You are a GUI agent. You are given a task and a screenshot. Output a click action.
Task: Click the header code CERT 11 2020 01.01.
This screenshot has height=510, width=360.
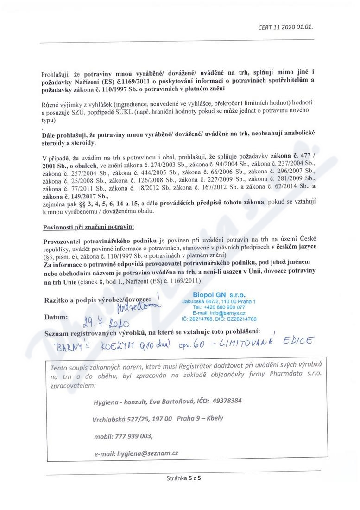[x=285, y=27]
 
